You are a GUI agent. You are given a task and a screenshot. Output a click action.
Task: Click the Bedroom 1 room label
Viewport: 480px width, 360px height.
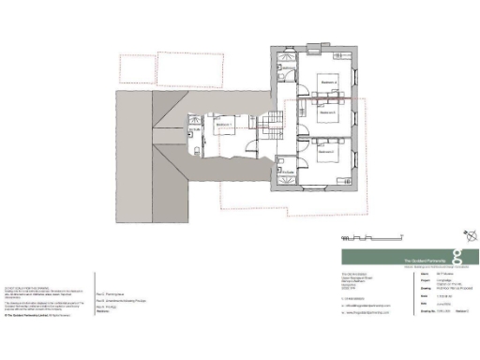pyautogui.click(x=223, y=123)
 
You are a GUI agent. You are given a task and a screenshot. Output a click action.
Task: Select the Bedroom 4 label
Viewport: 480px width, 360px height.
pyautogui.click(x=326, y=82)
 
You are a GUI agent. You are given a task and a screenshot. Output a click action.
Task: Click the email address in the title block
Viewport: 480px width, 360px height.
pyautogui.click(x=370, y=306)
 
